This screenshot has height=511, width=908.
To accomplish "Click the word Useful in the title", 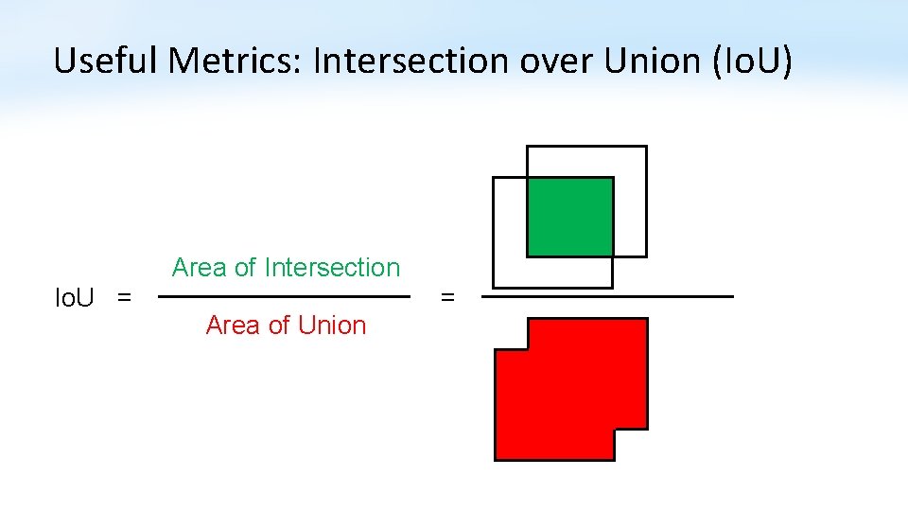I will click(106, 61).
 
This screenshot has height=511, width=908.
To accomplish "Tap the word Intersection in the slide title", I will click(410, 61).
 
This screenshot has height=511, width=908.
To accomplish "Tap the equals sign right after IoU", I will click(123, 298).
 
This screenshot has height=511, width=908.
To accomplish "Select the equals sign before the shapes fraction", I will click(448, 298).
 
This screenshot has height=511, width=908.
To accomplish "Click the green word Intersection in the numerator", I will click(333, 268).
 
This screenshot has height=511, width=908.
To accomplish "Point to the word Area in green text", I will click(199, 268).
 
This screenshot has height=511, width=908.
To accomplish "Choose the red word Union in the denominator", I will click(330, 326).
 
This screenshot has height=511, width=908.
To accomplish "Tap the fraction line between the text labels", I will click(284, 296).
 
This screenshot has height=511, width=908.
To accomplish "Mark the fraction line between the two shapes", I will click(607, 296).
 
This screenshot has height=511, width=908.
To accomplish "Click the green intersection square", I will click(569, 217).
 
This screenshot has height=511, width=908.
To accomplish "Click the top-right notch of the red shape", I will click(511, 334).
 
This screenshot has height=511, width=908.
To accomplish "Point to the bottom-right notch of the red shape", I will click(632, 446).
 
